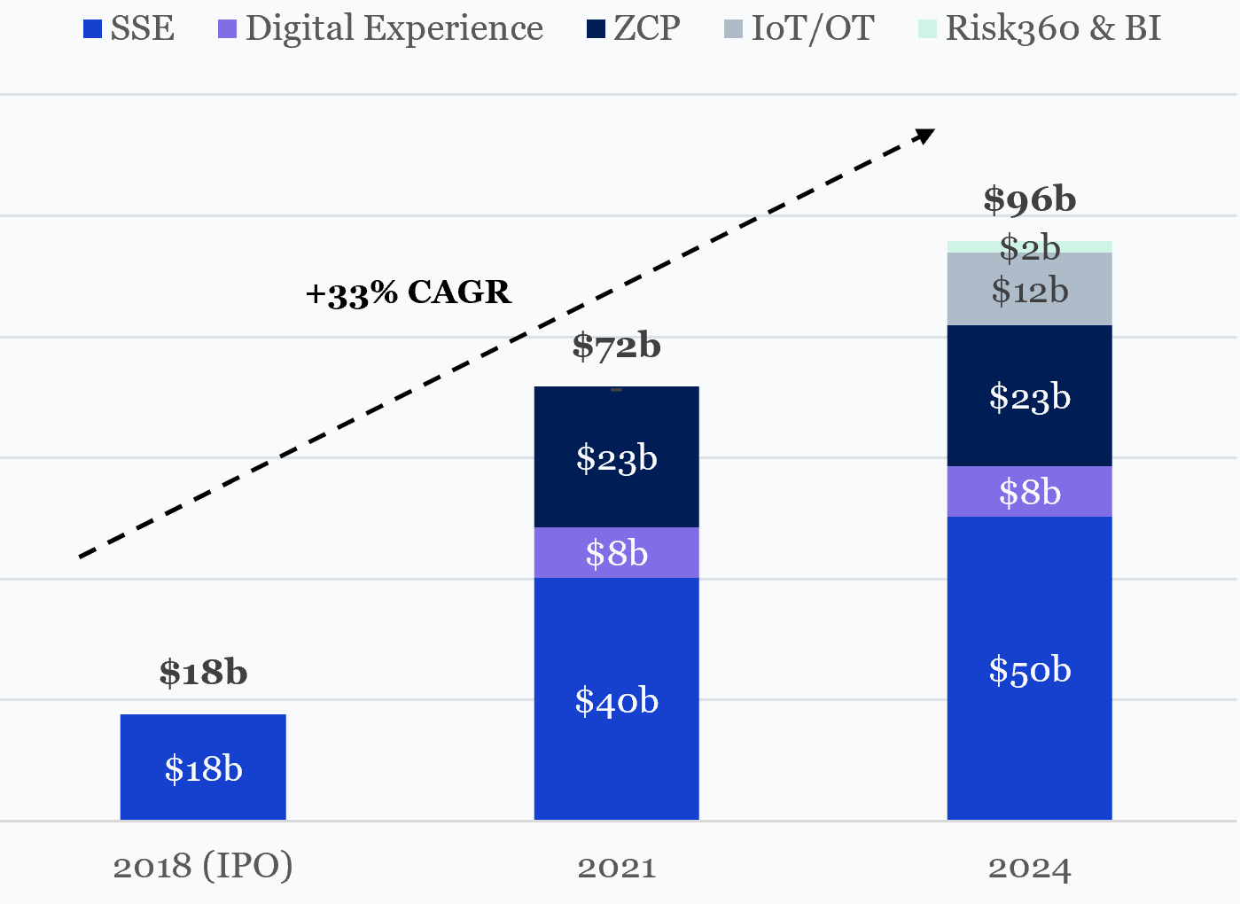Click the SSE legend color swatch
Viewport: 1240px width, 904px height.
(92, 29)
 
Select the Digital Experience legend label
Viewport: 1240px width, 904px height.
(394, 28)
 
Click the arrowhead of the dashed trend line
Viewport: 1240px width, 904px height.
(925, 135)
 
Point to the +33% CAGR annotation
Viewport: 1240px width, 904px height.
(408, 292)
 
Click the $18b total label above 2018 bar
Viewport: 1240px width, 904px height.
(203, 673)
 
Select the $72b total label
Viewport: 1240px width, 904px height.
(616, 346)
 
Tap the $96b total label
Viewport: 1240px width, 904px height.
(1029, 199)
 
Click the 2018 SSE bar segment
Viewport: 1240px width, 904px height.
(203, 768)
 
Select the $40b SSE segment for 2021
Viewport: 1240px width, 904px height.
(616, 700)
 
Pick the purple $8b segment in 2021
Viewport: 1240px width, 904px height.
(616, 553)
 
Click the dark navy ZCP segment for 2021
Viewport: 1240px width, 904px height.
(616, 457)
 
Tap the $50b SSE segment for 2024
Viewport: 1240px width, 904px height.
(1029, 669)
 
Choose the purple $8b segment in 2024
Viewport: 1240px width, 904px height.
(1029, 492)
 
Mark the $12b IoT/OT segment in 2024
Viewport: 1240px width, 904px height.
(1029, 290)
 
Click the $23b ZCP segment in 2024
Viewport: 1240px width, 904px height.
(1029, 396)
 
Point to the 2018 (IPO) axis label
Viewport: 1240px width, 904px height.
(203, 866)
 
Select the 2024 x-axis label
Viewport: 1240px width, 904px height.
(1029, 867)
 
